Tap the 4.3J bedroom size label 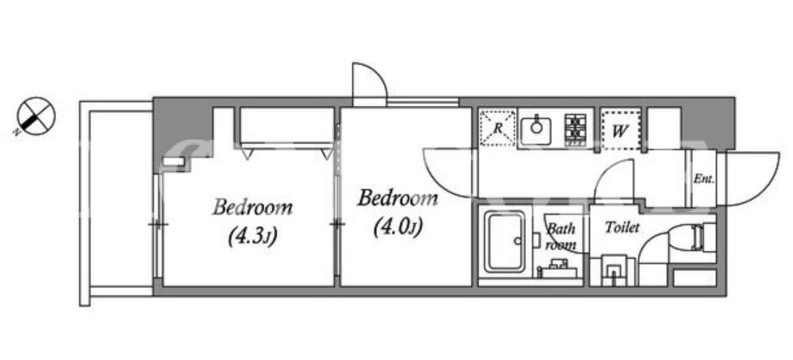click(252, 237)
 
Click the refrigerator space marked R click(498, 128)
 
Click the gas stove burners click(576, 130)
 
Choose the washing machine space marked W click(621, 130)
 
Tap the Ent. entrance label click(703, 179)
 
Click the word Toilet click(622, 228)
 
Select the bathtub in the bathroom click(506, 242)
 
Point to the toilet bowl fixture click(691, 237)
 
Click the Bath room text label click(562, 237)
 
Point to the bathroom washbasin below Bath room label click(557, 268)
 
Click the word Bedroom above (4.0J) click(398, 199)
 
